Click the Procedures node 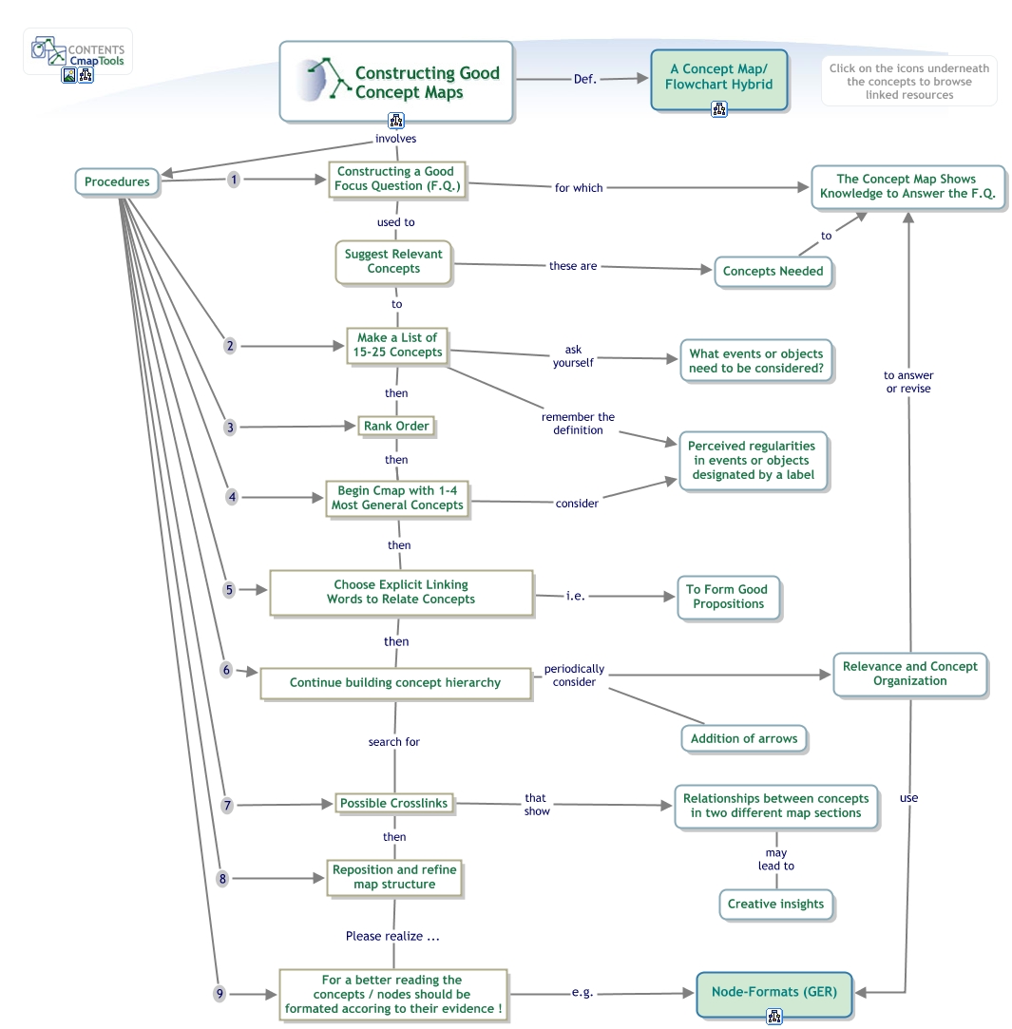click(x=117, y=182)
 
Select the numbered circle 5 click(x=229, y=590)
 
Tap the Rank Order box click(x=396, y=427)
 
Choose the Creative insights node click(x=775, y=905)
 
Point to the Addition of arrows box click(x=744, y=739)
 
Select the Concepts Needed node click(x=773, y=272)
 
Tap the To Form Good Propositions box click(x=728, y=597)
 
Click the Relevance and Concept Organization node click(x=909, y=674)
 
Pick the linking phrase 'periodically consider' click(x=574, y=676)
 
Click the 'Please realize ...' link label click(x=392, y=937)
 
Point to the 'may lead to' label click(x=775, y=860)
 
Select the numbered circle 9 click(x=220, y=994)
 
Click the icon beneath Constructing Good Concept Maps click(x=396, y=121)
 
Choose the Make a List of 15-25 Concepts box click(x=397, y=345)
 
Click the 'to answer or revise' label click(x=908, y=382)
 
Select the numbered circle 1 click(x=234, y=180)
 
